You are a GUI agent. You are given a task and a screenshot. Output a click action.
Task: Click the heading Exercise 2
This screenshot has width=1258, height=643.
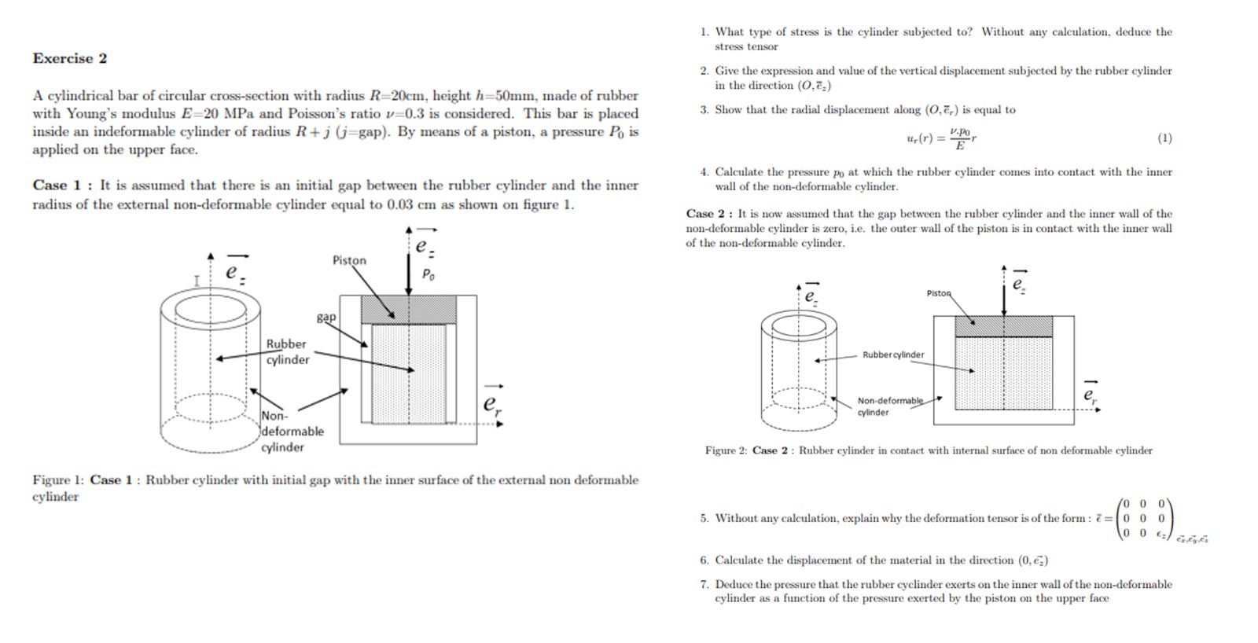click(69, 58)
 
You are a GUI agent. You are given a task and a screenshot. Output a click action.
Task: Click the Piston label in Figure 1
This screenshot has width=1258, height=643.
click(349, 260)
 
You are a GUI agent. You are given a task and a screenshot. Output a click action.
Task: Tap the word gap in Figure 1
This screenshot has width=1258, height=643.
click(326, 317)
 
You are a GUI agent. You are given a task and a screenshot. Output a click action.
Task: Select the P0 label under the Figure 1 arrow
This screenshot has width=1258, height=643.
click(429, 274)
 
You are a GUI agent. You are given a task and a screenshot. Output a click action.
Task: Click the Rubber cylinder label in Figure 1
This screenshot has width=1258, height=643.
click(287, 351)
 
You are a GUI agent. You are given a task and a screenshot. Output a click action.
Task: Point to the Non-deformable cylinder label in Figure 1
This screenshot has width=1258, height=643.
click(292, 432)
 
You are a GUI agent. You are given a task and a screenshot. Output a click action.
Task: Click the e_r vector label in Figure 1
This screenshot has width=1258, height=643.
click(492, 402)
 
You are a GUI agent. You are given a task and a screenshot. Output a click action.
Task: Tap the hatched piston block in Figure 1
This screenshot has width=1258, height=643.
click(409, 309)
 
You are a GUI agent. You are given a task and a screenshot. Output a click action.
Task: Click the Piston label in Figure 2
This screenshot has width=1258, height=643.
click(939, 293)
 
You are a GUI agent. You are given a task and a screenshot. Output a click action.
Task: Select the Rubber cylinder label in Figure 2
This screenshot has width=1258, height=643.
click(893, 355)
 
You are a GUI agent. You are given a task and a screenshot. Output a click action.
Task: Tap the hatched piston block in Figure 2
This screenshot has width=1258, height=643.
click(1003, 326)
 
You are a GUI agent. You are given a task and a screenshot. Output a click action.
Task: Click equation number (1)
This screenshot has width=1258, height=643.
click(1164, 138)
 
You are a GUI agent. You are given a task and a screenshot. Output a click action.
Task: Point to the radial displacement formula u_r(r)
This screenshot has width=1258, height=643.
click(941, 138)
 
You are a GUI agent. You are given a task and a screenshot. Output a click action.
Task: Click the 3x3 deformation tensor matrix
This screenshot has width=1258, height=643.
click(1144, 519)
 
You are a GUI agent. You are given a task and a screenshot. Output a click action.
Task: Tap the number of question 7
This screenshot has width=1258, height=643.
click(704, 584)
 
